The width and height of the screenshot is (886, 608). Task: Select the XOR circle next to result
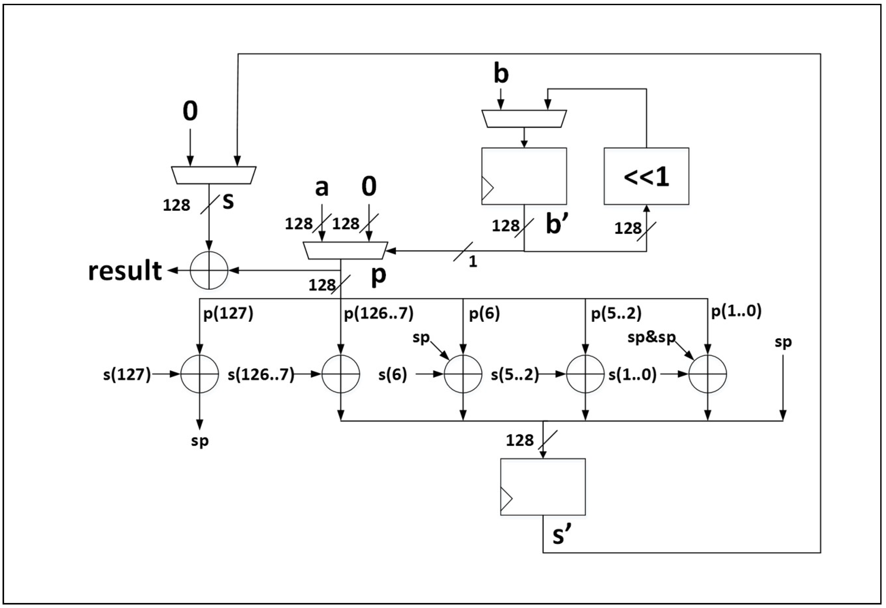click(209, 270)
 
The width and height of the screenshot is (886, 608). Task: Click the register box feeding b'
click(524, 176)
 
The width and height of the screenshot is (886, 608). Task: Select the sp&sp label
click(651, 337)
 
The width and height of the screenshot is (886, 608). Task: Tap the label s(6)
click(392, 375)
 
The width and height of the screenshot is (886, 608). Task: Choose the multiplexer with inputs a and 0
click(345, 250)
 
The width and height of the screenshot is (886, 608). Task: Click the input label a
click(321, 187)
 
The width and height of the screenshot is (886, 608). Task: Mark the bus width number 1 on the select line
click(473, 262)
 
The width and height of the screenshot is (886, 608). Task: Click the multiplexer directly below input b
click(524, 118)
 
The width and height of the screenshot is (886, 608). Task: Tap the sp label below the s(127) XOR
click(200, 441)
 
